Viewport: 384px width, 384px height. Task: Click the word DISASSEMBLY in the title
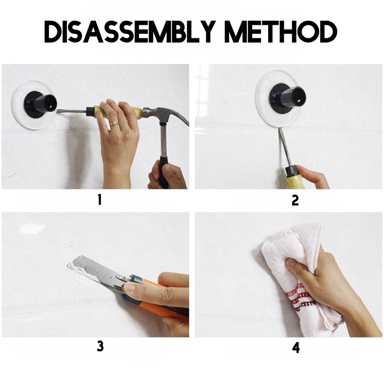tap(130, 32)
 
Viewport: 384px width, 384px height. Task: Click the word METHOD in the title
tap(281, 32)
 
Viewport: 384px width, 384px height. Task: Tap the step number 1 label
tap(99, 200)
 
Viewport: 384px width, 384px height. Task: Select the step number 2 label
tap(295, 200)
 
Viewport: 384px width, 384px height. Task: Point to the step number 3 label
tap(100, 346)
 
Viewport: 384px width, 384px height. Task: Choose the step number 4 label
tap(296, 348)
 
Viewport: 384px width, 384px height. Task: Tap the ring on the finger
tap(113, 124)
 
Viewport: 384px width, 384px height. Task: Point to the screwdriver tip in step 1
tap(58, 111)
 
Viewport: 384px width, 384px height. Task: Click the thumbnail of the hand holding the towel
tap(291, 263)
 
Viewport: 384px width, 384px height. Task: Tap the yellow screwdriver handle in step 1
tap(117, 112)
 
